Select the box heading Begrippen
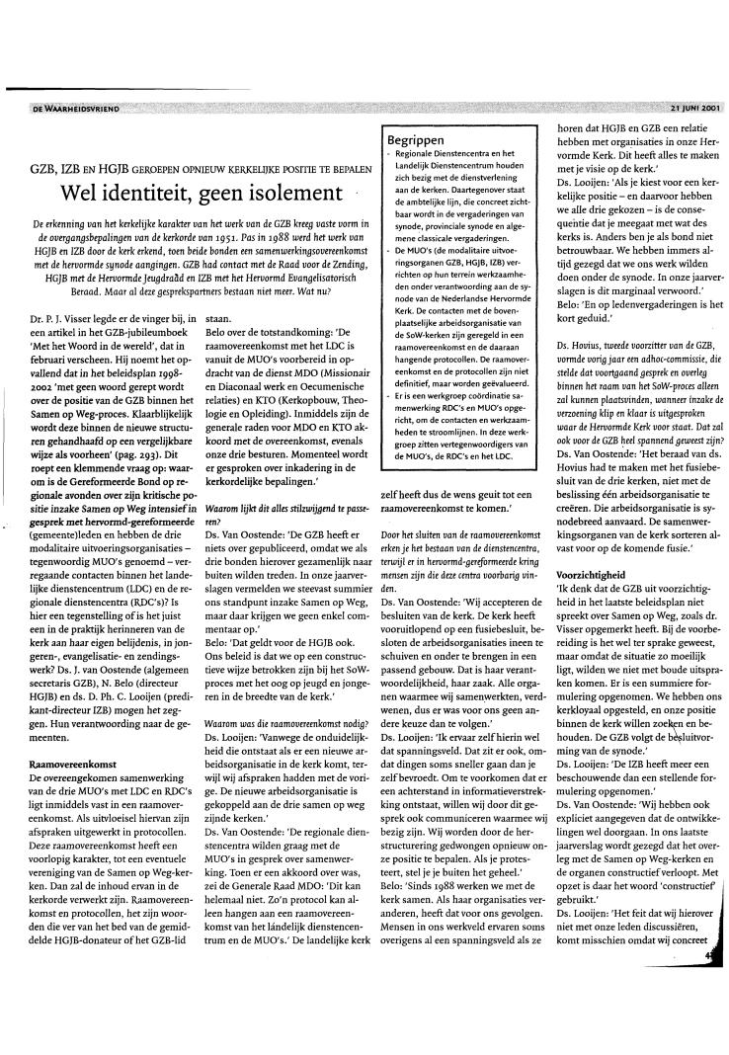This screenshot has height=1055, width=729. (416, 139)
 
